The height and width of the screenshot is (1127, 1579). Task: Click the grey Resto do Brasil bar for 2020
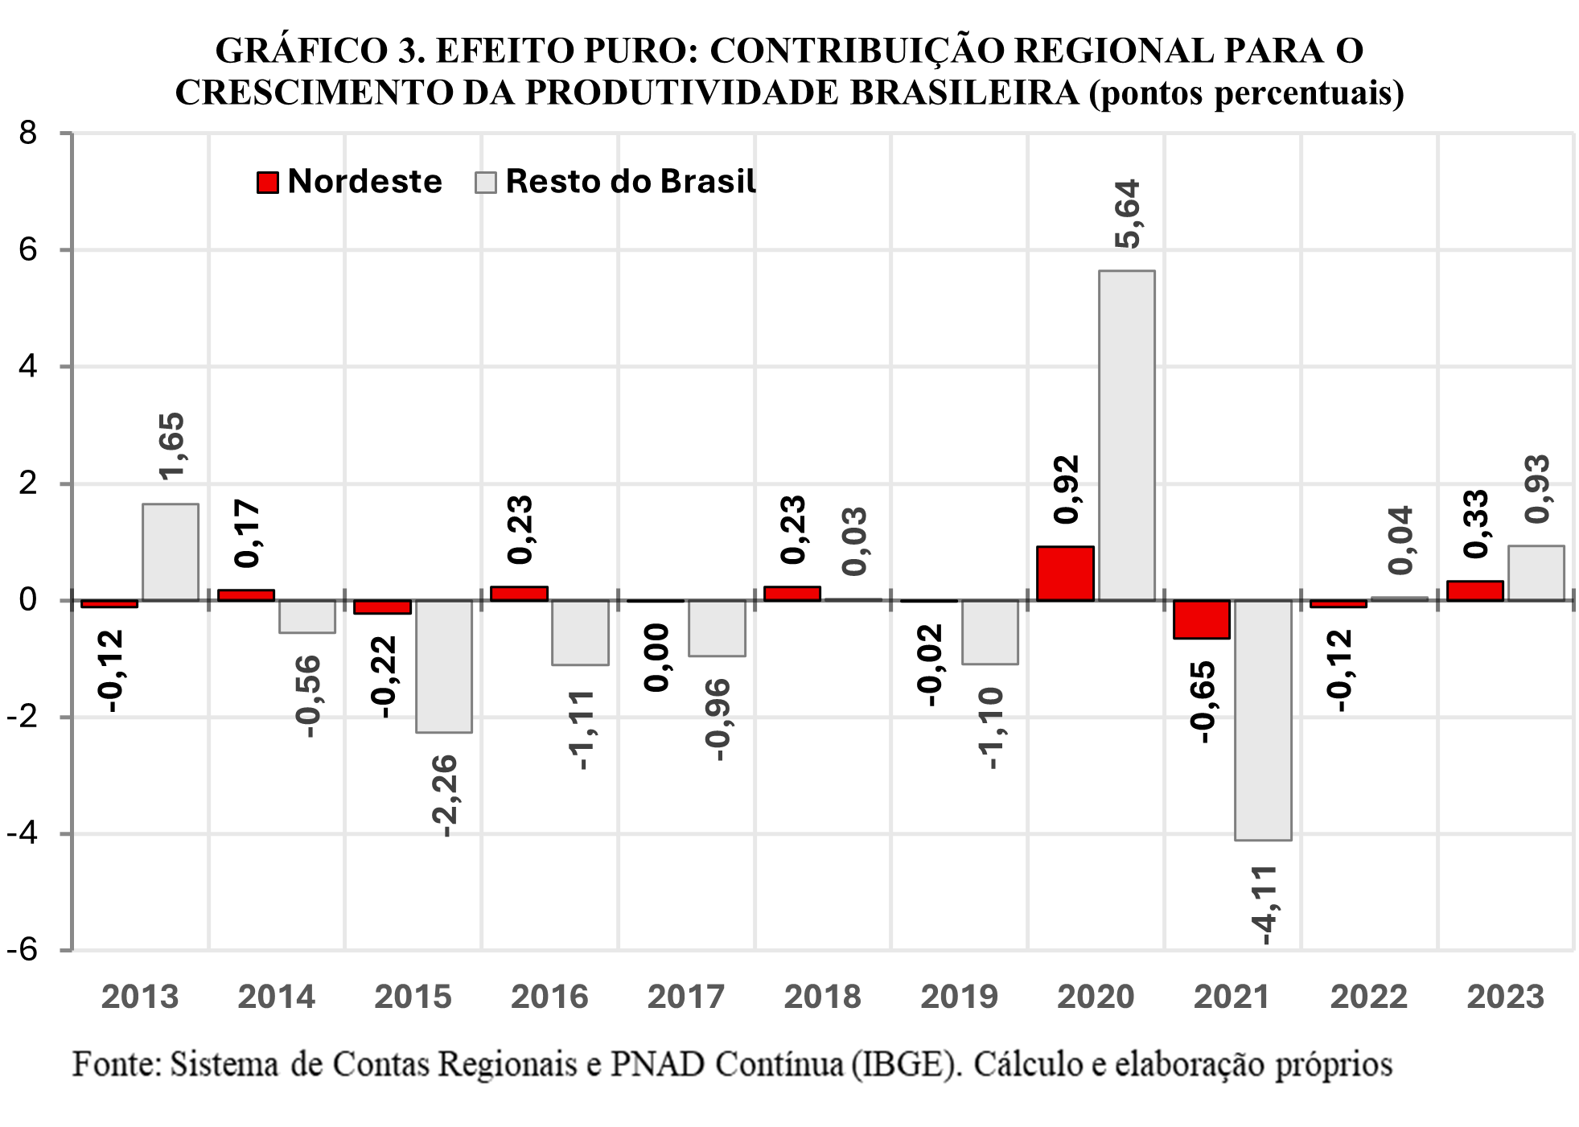tap(1126, 434)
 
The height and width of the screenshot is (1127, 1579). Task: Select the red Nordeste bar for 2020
tap(1064, 574)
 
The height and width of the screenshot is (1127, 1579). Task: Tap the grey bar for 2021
tap(1263, 720)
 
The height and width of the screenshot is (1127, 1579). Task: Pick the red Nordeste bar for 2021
tap(1201, 619)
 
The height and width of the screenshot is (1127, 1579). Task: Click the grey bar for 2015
tap(443, 666)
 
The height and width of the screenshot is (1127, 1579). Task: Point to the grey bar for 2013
tap(171, 552)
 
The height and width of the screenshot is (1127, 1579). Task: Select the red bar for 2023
tap(1474, 590)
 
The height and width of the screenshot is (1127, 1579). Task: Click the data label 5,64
tap(1128, 214)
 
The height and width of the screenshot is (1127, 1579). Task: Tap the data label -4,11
tap(1264, 904)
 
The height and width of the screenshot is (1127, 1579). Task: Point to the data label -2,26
tap(444, 795)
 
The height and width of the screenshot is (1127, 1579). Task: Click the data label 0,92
tap(1066, 489)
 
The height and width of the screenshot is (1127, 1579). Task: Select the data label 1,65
tap(171, 446)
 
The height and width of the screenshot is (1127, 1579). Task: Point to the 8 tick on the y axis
tap(29, 133)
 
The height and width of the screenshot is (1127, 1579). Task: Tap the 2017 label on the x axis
tap(685, 997)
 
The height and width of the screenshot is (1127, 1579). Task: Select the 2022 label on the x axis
tap(1368, 997)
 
